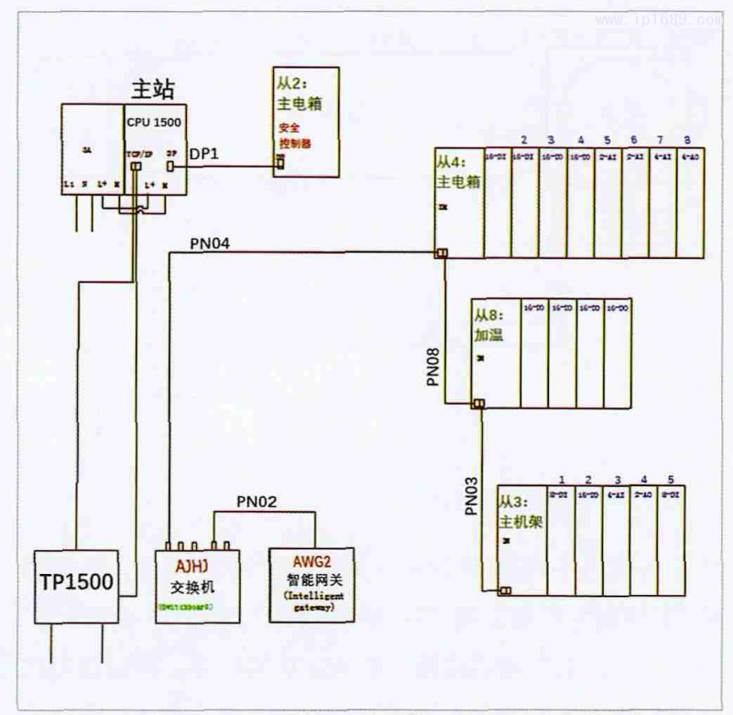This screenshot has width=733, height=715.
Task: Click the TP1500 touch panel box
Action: pyautogui.click(x=78, y=583)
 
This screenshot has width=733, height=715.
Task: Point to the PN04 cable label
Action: pyautogui.click(x=210, y=244)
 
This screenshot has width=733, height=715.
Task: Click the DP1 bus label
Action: pyautogui.click(x=203, y=157)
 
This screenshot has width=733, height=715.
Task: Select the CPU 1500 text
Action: pyautogui.click(x=153, y=120)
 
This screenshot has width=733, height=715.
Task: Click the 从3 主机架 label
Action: pyautogui.click(x=514, y=513)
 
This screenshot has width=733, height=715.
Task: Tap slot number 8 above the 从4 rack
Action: pyautogui.click(x=687, y=140)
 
